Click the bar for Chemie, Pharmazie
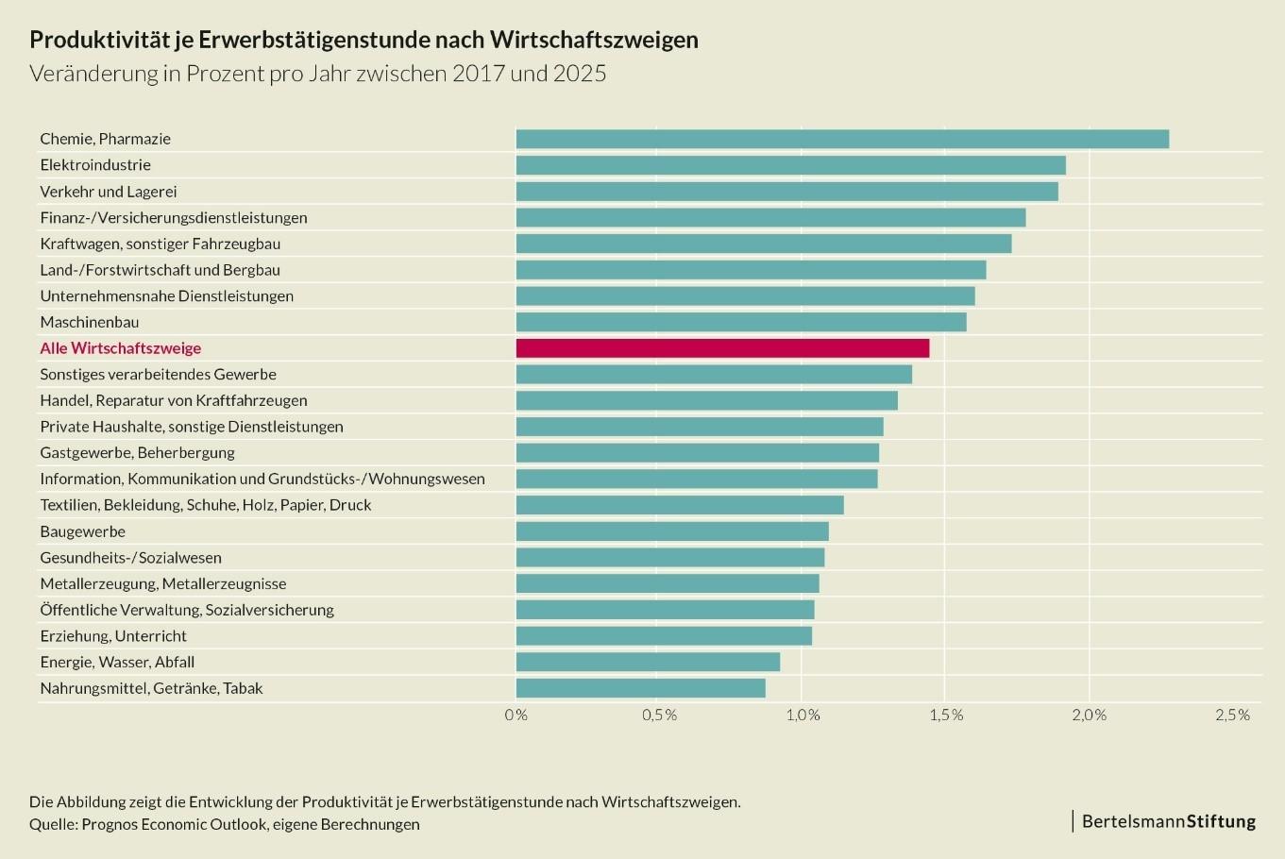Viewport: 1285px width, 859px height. (x=842, y=139)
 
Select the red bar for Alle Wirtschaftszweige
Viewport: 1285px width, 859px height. (x=722, y=348)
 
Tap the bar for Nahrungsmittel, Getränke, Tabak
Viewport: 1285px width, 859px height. (x=640, y=688)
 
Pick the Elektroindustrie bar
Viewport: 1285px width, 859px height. (x=790, y=165)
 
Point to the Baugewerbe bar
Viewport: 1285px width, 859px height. (x=672, y=531)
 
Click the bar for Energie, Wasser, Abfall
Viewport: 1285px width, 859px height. (x=648, y=662)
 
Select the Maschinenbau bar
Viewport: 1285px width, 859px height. (x=741, y=322)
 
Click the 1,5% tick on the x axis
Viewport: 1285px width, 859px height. (x=946, y=716)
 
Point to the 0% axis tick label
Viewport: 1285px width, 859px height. (x=516, y=716)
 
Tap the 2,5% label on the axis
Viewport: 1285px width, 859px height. (x=1232, y=716)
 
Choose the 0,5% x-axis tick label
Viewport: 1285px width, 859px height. (x=659, y=716)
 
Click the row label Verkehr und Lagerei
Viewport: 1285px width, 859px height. (x=109, y=192)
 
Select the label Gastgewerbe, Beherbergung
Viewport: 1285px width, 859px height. (x=137, y=453)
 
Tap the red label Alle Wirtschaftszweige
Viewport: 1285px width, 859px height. (x=121, y=348)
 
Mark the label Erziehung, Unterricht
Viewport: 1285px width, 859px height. (x=113, y=636)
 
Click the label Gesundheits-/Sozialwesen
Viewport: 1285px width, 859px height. (x=130, y=558)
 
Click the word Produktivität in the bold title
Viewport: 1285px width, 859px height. (x=99, y=40)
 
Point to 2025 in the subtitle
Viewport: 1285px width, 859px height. (x=580, y=74)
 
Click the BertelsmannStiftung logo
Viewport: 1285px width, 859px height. (x=1168, y=821)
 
